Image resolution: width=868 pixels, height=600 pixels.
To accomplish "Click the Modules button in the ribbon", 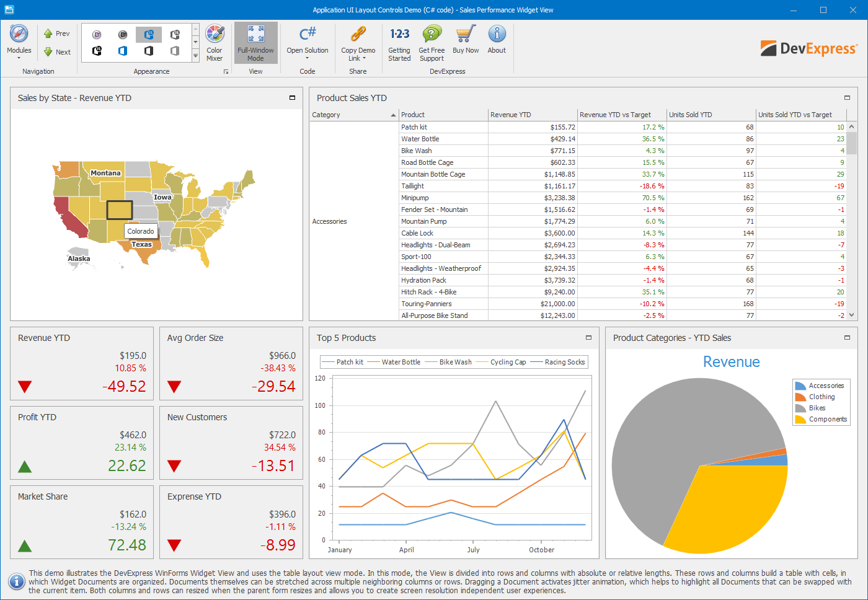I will pos(19,41).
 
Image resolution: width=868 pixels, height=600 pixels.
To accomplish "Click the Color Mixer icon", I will pos(215,35).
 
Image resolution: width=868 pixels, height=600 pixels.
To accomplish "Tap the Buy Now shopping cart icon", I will pos(466,35).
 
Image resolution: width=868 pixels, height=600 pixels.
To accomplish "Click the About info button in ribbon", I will pos(497,35).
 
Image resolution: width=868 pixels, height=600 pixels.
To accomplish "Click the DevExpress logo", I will pos(809,48).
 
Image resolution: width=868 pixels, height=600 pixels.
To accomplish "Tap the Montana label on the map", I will pos(105,173).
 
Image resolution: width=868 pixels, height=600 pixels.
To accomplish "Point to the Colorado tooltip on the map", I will pos(141,231).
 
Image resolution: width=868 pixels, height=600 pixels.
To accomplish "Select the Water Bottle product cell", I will pos(420,139).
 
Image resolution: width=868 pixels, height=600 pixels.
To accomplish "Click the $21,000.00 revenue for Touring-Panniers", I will pos(557,304).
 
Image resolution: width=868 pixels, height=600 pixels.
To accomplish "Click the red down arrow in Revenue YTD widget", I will pos(25,387).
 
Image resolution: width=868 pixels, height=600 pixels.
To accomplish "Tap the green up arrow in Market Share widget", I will pos(25,545).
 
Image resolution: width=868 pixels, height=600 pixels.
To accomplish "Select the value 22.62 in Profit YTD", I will pos(127,465).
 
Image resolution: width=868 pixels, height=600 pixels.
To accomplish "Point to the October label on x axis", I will pos(541,550).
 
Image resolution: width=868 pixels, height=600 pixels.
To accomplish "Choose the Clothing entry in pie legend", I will pos(821,397).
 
